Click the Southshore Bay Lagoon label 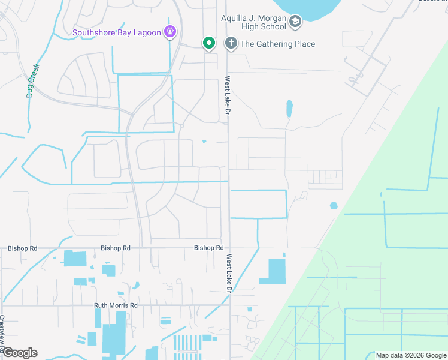117,32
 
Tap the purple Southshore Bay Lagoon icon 171,32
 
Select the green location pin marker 208,43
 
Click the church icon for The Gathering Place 230,43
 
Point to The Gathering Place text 277,44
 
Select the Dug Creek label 32,80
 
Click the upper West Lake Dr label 228,95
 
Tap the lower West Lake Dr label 229,273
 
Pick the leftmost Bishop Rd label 22,248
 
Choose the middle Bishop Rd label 116,248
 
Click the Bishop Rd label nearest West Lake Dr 208,248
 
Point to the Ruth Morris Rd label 116,305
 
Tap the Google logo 20,353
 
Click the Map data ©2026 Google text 410,355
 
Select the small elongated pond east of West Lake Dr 289,109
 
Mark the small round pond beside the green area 334,206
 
